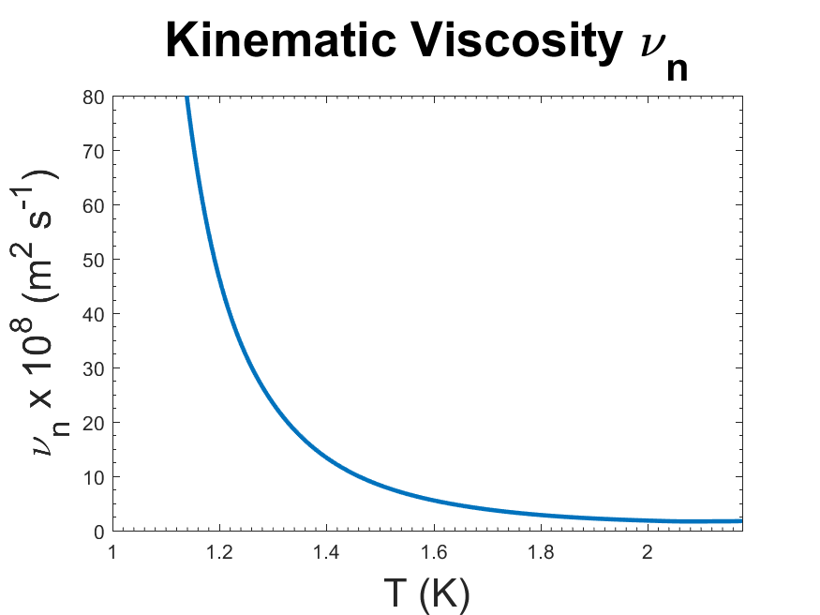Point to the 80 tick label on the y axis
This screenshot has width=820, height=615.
(x=95, y=97)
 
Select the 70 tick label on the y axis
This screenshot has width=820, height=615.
(x=95, y=151)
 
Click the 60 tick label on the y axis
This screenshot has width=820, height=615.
(x=95, y=205)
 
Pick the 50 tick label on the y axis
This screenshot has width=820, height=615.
(x=95, y=260)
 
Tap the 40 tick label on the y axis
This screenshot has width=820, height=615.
(x=95, y=314)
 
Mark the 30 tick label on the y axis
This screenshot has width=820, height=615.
(x=95, y=368)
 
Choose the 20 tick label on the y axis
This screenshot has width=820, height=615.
(x=95, y=423)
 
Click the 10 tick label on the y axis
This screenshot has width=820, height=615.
(x=95, y=477)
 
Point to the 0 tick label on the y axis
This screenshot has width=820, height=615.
(x=99, y=532)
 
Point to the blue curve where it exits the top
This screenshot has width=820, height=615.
(x=187, y=98)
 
